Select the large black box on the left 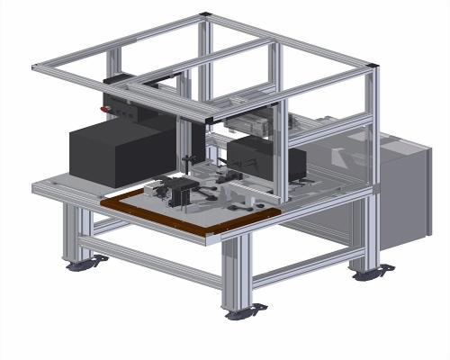(117, 153)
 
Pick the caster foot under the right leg (372, 272)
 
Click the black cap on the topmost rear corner (206, 14)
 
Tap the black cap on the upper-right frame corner (372, 65)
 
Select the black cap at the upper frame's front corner (210, 119)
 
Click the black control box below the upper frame (135, 103)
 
